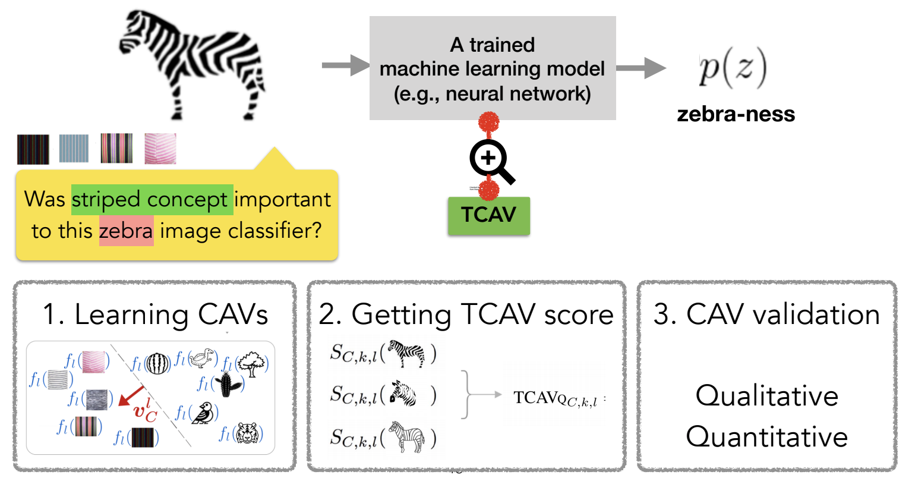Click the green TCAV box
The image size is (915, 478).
point(488,215)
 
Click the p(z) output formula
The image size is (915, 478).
point(733,68)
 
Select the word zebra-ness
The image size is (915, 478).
point(736,114)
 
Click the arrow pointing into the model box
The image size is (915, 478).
point(345,65)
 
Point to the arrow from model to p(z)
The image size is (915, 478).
point(641,68)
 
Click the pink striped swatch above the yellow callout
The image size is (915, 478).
point(160,149)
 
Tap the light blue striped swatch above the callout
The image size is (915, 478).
point(74,149)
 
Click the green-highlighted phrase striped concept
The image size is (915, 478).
point(152,200)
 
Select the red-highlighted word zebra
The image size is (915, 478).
point(127,231)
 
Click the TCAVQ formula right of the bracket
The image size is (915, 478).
point(556,398)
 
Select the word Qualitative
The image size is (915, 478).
point(766,395)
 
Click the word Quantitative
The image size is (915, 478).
point(766,437)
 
